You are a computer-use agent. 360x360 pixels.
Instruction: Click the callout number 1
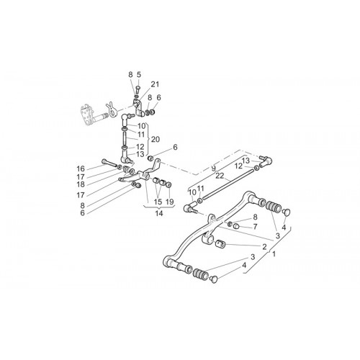click(274, 254)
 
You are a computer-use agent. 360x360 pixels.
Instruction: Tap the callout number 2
click(264, 247)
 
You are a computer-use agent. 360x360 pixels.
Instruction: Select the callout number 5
click(139, 75)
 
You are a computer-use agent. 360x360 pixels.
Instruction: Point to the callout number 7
click(255, 226)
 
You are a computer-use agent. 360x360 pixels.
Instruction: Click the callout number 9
click(213, 168)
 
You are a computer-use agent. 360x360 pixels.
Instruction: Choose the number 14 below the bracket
click(159, 213)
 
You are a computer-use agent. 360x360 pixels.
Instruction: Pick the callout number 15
click(158, 202)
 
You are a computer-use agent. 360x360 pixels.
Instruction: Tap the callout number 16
click(81, 168)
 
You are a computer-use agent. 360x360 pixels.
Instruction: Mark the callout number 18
click(81, 184)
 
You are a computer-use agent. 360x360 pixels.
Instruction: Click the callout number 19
click(169, 202)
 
